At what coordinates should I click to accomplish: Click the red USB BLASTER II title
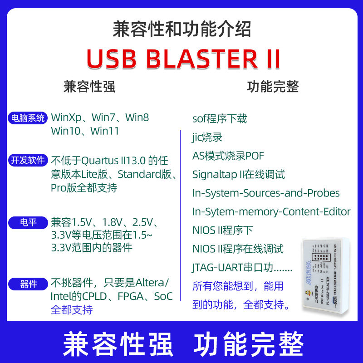(x=183, y=59)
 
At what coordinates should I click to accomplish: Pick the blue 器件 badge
(x=28, y=285)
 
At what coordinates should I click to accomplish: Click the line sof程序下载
(x=220, y=119)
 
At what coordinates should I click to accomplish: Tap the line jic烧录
(x=207, y=137)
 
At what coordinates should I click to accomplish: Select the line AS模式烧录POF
(x=228, y=156)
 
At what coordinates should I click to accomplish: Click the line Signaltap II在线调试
(x=239, y=174)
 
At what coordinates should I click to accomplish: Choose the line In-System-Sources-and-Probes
(x=266, y=193)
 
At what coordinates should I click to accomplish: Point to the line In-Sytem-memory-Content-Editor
(x=271, y=211)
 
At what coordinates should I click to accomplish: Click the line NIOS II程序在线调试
(x=238, y=249)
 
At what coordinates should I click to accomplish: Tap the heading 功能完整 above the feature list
(x=273, y=87)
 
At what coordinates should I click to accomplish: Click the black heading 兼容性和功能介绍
(x=181, y=30)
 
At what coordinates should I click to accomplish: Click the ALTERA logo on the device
(x=309, y=273)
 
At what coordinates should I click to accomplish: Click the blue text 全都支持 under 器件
(x=72, y=310)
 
